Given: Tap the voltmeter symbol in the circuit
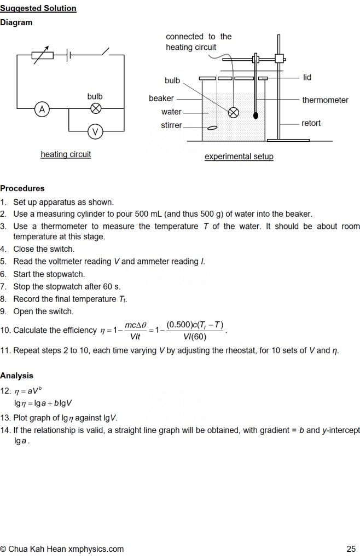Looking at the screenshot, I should pyautogui.click(x=96, y=131).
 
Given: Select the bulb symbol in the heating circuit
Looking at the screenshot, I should pyautogui.click(x=96, y=108).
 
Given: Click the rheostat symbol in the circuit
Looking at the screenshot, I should pyautogui.click(x=42, y=55).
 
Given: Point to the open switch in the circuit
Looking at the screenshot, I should pyautogui.click(x=104, y=53).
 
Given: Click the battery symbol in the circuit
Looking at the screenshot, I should pyautogui.click(x=68, y=55).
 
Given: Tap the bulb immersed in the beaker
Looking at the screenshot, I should pyautogui.click(x=233, y=112).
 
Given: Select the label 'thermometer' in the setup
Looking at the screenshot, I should pyautogui.click(x=325, y=100).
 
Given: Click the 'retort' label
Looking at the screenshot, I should pyautogui.click(x=311, y=123).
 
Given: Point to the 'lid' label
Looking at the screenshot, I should pyautogui.click(x=307, y=77).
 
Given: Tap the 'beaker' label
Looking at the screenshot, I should pyautogui.click(x=161, y=99).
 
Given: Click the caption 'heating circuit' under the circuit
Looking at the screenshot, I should pyautogui.click(x=66, y=154).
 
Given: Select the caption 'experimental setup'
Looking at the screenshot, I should pyautogui.click(x=239, y=157).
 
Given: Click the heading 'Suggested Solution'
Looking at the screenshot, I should pyautogui.click(x=38, y=8).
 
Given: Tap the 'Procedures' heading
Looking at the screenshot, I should pyautogui.click(x=22, y=188).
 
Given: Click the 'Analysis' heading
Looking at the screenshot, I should pyautogui.click(x=16, y=376).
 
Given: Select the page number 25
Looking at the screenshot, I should pyautogui.click(x=351, y=549).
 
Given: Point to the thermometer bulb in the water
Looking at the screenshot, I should pyautogui.click(x=256, y=116).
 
